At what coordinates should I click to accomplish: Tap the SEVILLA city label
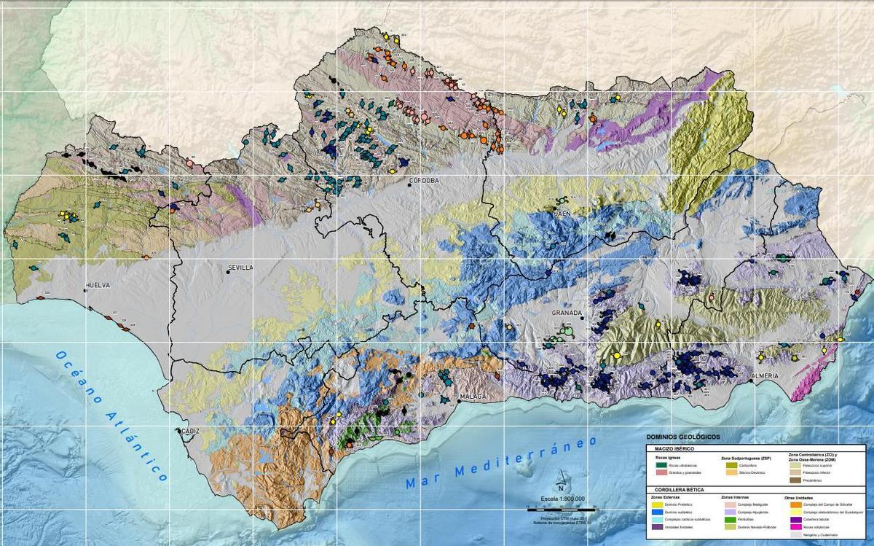(x=240, y=268)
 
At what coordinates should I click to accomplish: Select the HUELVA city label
(x=98, y=286)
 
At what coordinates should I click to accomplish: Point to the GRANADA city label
(x=567, y=313)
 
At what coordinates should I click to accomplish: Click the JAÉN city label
(x=561, y=214)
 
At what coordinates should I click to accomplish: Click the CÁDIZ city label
(x=188, y=431)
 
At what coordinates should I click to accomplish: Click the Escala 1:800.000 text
(x=562, y=499)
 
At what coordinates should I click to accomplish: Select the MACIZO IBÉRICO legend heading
(x=674, y=449)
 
